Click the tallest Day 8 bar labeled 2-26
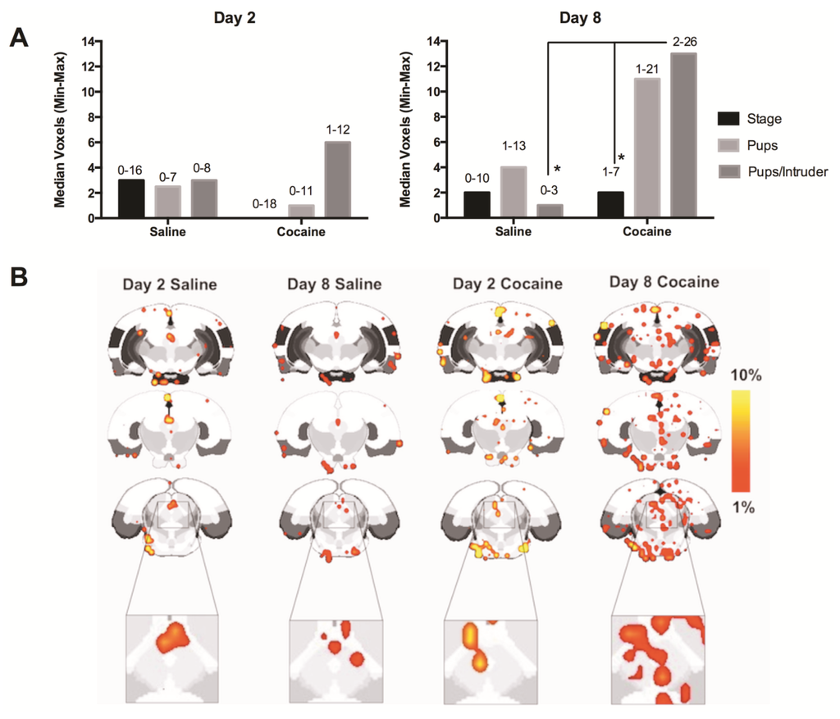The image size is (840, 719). pyautogui.click(x=684, y=135)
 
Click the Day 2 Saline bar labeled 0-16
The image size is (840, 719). pyautogui.click(x=132, y=198)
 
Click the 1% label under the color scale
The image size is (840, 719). pyautogui.click(x=745, y=509)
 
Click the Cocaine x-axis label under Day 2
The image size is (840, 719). pyautogui.click(x=304, y=231)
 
